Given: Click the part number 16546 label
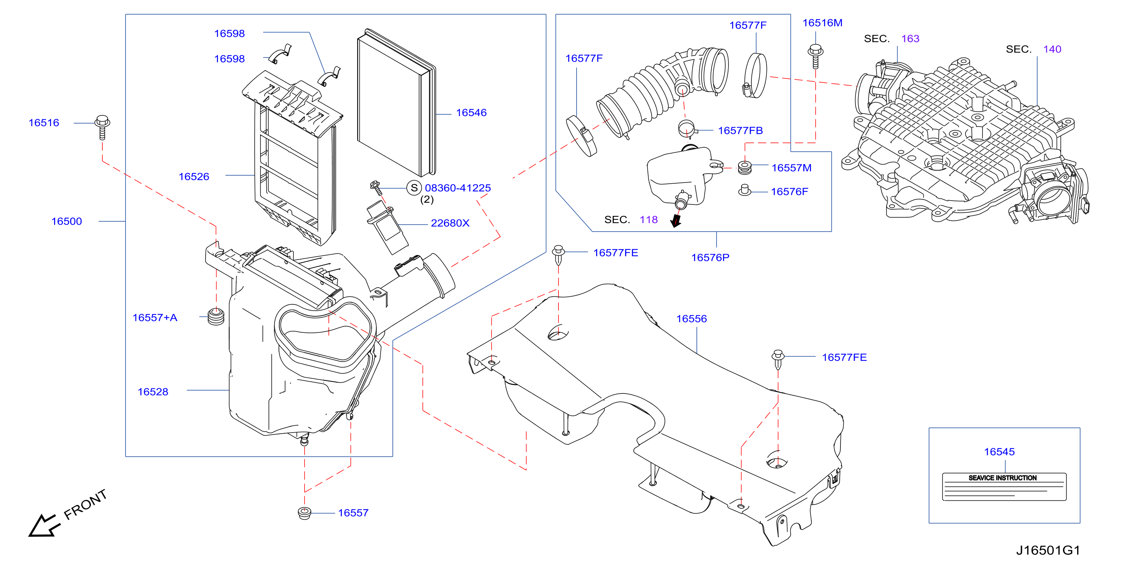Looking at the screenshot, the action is pos(471,112).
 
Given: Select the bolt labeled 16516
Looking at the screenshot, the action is pos(102,127).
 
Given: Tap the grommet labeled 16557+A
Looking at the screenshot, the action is pos(216,317).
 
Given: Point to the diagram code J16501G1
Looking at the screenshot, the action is pos(1048,550).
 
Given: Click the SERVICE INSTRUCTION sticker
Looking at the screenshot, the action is pos(1004,487).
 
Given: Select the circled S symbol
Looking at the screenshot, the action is pos(414,188).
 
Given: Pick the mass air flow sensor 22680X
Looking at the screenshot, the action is pos(387,227).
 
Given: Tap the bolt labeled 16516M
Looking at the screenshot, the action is pos(815,56).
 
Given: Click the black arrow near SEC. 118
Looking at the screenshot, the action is pos(676,220).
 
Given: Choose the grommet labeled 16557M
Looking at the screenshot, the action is pos(744,168).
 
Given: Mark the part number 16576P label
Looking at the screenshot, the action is pos(710,257).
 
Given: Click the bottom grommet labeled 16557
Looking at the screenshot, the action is pos(304,513).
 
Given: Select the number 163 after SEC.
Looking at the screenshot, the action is pos(910,38).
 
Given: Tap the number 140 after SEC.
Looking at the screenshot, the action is pos(1052,49).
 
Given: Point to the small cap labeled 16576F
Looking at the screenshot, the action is pos(744,190).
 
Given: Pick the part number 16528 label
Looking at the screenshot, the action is pos(153,391).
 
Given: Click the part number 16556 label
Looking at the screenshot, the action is pos(691,318).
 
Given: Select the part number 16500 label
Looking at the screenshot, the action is pos(66,221).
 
